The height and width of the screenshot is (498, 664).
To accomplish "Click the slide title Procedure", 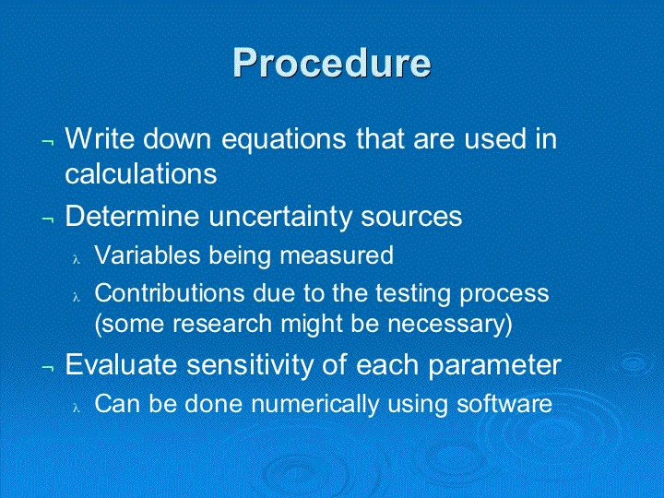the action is pos(332,63).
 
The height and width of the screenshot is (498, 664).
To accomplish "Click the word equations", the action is pos(284,140).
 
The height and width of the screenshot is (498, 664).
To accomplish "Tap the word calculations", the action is pos(141,172).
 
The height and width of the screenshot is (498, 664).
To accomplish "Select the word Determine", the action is pos(133,216).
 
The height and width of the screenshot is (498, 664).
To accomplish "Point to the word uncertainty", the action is pos(279,218).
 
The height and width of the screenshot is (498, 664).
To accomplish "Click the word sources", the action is pos(411,217).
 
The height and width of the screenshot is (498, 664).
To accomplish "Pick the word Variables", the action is pos(148,255).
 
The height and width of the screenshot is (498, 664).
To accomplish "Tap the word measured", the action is pos(337,255).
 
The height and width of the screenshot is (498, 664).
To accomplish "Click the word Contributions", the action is pos(170,292).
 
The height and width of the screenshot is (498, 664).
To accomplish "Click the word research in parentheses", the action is pos(222,324).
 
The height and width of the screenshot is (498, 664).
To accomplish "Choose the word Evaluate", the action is pos(121,363).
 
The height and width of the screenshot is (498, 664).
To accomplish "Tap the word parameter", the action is pos(494,366).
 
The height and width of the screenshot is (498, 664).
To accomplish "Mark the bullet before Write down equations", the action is pos(47,141).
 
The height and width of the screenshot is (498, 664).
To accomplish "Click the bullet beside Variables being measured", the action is pos(77,259).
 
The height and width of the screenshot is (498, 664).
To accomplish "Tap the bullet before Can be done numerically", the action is pos(77,408).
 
